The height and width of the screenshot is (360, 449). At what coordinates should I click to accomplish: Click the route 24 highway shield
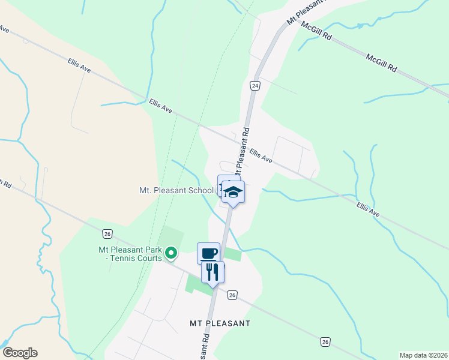click(255, 86)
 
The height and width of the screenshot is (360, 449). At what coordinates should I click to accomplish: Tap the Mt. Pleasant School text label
click(176, 190)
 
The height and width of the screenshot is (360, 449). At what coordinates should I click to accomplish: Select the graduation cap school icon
click(233, 191)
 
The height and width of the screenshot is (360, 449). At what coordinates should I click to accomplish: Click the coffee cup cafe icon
click(208, 253)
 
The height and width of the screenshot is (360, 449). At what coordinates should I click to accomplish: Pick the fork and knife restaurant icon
click(212, 272)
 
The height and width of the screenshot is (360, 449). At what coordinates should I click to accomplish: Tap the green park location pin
click(171, 254)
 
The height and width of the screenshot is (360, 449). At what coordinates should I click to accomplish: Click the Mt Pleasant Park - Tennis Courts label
click(131, 254)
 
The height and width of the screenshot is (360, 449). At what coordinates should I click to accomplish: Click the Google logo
click(20, 353)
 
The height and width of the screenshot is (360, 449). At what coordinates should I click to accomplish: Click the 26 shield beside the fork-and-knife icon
click(232, 295)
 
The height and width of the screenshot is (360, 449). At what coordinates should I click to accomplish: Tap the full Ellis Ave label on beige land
click(79, 66)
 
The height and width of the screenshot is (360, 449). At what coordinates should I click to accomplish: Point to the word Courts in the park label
click(149, 258)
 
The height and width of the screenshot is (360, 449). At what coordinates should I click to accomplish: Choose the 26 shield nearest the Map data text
click(325, 341)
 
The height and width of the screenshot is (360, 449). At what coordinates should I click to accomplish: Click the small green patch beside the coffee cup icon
click(232, 254)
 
